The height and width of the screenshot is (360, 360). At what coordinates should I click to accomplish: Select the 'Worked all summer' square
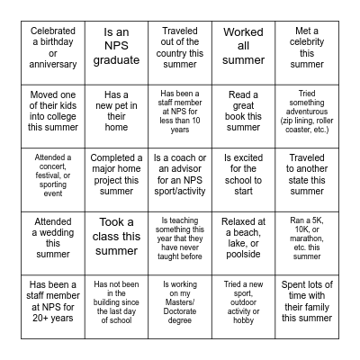pyautogui.click(x=243, y=52)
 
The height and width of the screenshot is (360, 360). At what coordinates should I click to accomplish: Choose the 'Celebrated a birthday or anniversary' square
pyautogui.click(x=52, y=52)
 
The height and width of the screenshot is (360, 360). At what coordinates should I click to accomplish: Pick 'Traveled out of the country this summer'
pyautogui.click(x=180, y=52)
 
